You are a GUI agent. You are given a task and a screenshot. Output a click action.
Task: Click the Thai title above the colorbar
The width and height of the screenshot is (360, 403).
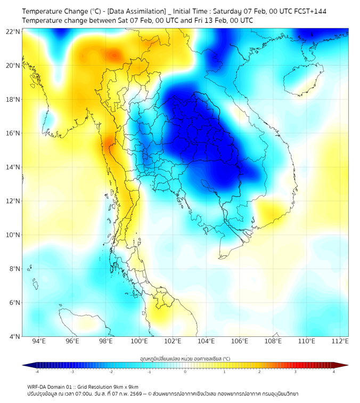point(185,358)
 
